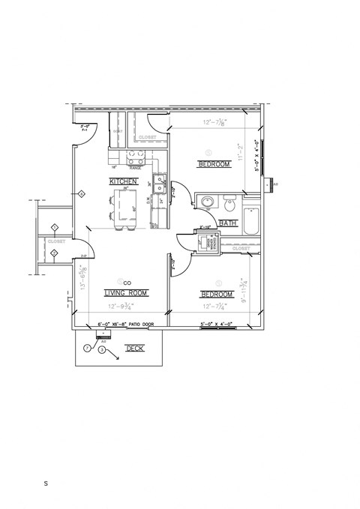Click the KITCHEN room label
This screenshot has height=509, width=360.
tap(124, 181)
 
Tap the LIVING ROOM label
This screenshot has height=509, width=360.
tap(125, 292)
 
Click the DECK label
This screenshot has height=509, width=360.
tap(134, 349)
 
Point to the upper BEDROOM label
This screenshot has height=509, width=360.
tap(214, 164)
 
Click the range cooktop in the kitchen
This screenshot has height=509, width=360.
tap(136, 159)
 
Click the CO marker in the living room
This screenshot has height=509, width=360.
tap(127, 282)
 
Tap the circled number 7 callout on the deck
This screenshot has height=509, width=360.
tap(88, 349)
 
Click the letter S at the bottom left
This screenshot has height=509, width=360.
tap(46, 484)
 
